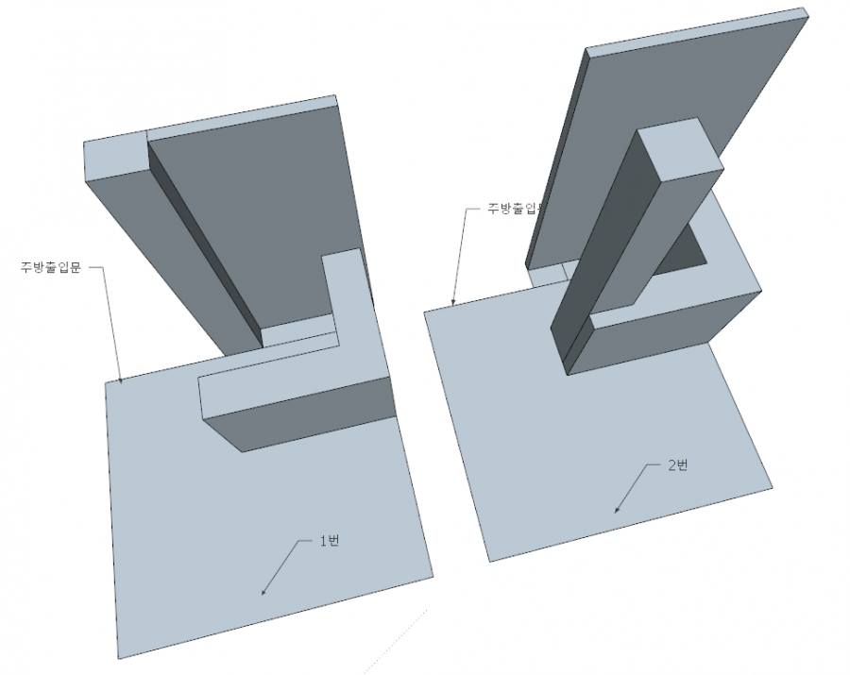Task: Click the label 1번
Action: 329,540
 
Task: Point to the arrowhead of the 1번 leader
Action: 263,593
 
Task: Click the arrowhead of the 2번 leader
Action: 618,511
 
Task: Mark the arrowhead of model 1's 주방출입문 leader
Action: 122,380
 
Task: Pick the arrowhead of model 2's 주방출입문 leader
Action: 453,304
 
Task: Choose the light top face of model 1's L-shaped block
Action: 283,373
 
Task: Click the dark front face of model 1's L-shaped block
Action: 312,415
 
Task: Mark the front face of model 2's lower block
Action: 661,335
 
